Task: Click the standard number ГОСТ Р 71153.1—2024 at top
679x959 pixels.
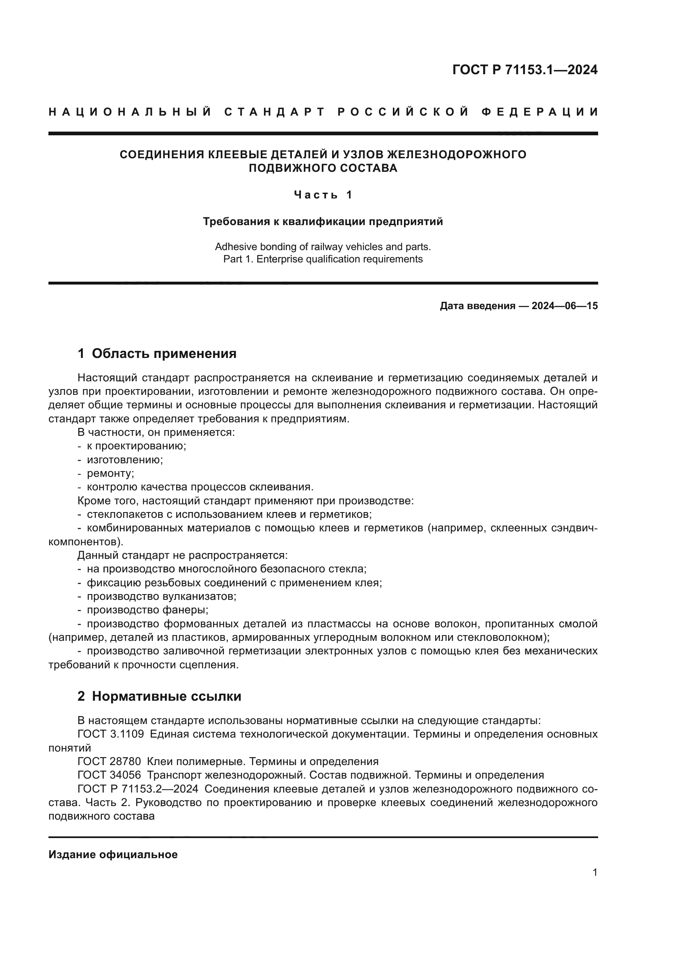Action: pos(525,70)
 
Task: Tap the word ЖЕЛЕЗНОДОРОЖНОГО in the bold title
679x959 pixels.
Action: pos(456,155)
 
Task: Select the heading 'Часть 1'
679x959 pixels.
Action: pos(323,195)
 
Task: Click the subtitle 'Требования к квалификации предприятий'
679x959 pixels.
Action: pos(323,221)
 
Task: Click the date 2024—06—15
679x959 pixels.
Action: pos(564,306)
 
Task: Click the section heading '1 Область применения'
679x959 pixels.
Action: pos(157,353)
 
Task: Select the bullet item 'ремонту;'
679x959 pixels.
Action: pos(110,473)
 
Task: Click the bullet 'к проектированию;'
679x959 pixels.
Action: pos(136,446)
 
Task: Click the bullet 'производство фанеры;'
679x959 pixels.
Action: pos(148,610)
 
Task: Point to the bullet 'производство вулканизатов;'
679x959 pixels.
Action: pos(161,596)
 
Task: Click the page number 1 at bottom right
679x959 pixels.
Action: pos(595,872)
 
